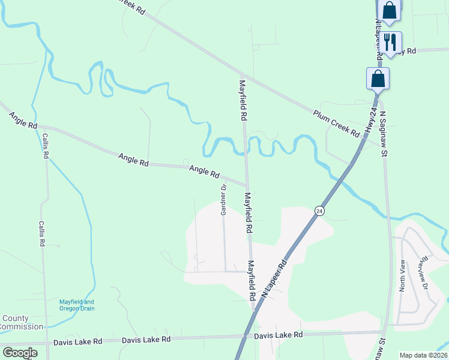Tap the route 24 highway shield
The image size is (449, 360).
click(319, 211)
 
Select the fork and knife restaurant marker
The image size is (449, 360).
click(390, 42)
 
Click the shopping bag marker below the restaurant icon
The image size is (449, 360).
click(378, 79)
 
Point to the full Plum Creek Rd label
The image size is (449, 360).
click(336, 123)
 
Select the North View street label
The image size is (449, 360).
click(403, 275)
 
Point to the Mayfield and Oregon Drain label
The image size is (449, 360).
click(77, 305)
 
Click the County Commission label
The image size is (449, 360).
click(22, 323)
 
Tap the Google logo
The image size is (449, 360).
click(20, 353)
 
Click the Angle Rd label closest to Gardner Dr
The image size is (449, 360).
click(204, 172)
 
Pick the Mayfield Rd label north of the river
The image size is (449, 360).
click(243, 99)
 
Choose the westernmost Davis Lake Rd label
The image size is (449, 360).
click(77, 341)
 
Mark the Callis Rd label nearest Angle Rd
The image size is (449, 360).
click(46, 145)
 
